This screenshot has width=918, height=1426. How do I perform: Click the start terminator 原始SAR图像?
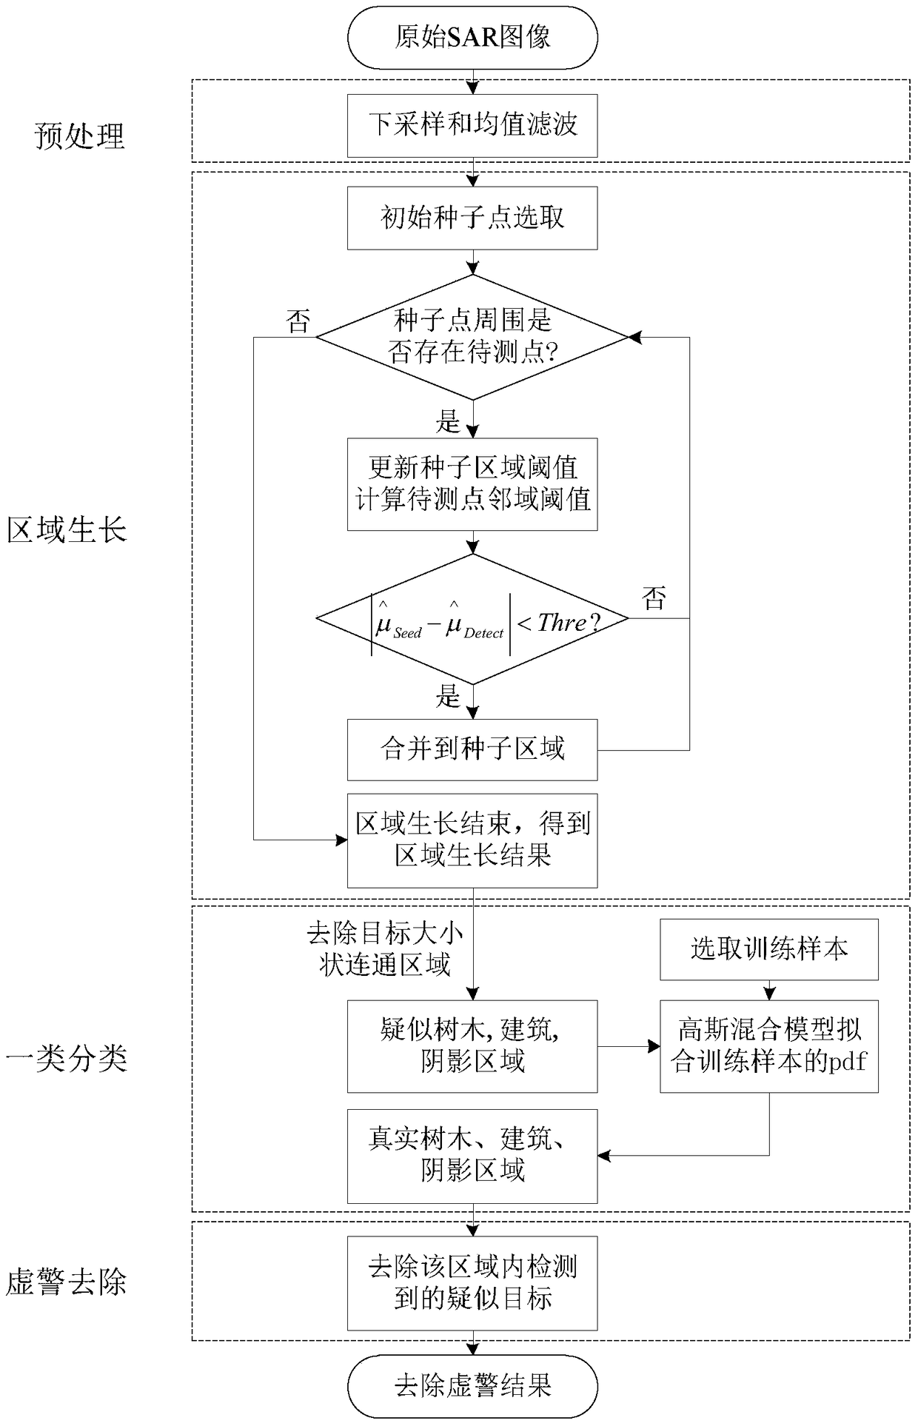coord(472,37)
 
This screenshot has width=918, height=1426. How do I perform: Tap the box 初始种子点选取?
coord(472,218)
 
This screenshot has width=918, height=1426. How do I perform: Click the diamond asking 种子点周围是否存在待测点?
coord(472,337)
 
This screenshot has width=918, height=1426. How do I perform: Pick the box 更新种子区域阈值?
coord(472,484)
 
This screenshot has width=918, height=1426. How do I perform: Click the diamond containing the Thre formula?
coord(472,619)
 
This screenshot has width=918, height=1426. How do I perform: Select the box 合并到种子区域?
coord(472,749)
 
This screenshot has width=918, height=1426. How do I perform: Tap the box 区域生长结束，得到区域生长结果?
coord(472,840)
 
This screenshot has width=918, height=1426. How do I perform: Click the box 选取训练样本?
coord(769,949)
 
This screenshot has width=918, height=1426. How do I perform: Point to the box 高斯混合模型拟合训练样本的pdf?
coord(769,1046)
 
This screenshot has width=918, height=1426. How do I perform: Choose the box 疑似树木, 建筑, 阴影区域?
coord(472,1046)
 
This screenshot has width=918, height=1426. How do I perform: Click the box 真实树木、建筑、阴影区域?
coord(472,1155)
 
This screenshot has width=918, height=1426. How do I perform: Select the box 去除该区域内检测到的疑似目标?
coord(472,1283)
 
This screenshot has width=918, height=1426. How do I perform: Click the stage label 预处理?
coord(80,136)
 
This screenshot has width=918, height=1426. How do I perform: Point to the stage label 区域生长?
coord(67,531)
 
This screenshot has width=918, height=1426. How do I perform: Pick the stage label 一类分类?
coord(67,1059)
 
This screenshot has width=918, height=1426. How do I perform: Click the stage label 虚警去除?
coord(67,1282)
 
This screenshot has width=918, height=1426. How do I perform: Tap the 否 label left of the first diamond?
coord(298,322)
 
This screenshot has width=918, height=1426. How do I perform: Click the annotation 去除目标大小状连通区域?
coord(385,949)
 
